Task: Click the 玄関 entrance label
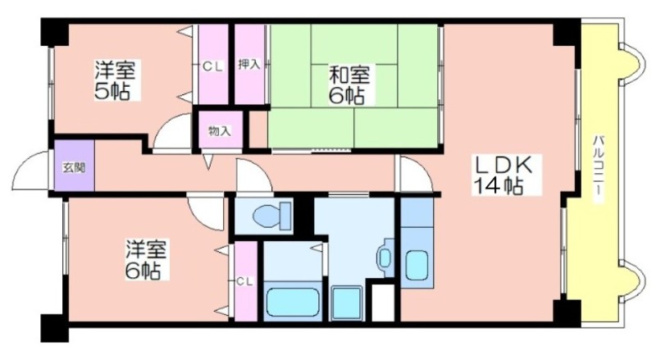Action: point(74,167)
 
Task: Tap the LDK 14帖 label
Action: point(502,175)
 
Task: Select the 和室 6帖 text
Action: point(349,85)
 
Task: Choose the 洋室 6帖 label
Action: point(146,259)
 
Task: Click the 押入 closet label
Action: point(249,65)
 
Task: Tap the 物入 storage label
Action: point(220,131)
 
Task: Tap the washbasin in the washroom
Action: point(385,257)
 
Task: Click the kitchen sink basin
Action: point(417,266)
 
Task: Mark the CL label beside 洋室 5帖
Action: point(213,66)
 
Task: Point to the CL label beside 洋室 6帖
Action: point(244,281)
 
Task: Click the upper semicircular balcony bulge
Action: point(630,63)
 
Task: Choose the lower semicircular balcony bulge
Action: point(630,281)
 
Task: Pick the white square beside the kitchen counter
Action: point(383,303)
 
